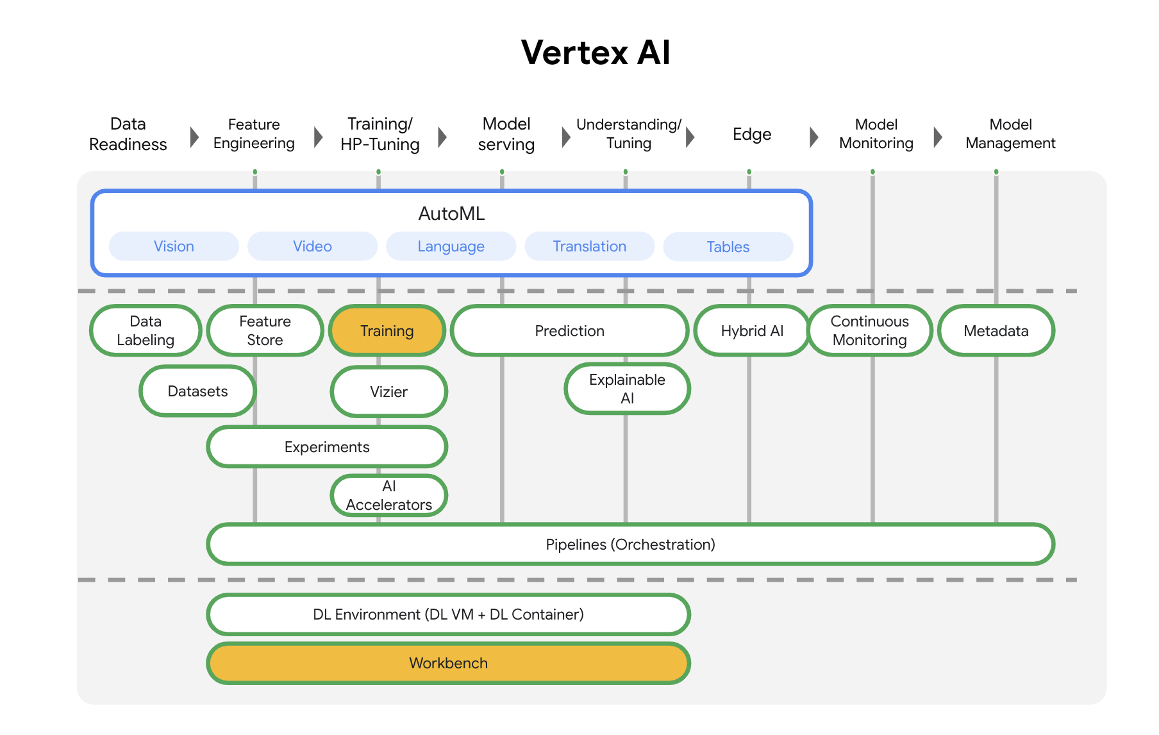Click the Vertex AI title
click(x=595, y=53)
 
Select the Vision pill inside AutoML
click(x=174, y=246)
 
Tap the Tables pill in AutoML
click(x=728, y=247)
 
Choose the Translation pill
click(x=589, y=246)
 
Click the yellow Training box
click(x=387, y=331)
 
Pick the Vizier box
click(x=388, y=392)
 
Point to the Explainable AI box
click(x=627, y=389)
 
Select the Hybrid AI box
click(x=752, y=331)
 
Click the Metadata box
click(x=996, y=331)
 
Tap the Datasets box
click(x=197, y=391)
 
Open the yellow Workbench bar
click(x=448, y=663)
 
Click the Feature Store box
click(x=265, y=330)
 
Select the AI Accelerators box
click(x=388, y=496)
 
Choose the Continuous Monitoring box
click(x=869, y=330)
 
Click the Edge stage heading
click(x=751, y=135)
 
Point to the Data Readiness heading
click(x=128, y=134)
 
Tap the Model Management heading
click(x=1010, y=134)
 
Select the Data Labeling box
click(x=146, y=330)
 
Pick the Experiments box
click(x=327, y=447)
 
